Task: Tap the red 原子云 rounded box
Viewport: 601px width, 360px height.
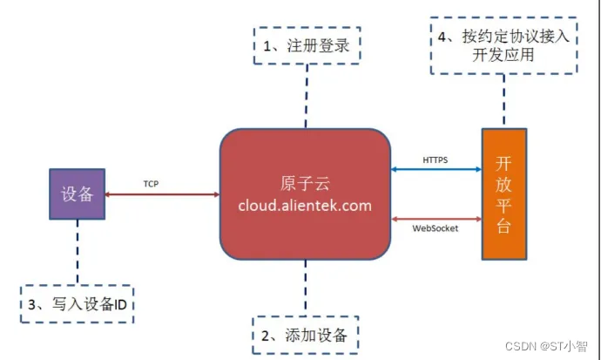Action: (304, 194)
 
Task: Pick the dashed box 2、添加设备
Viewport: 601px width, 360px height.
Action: (305, 334)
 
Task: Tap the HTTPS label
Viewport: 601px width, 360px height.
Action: (435, 160)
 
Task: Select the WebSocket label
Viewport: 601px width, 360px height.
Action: (436, 228)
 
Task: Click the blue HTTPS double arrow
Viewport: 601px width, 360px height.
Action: (436, 171)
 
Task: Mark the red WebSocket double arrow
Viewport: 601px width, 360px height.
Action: (436, 217)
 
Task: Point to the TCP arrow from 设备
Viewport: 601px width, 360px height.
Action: (161, 194)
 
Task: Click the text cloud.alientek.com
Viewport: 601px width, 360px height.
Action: (304, 206)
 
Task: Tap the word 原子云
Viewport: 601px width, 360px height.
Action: (304, 186)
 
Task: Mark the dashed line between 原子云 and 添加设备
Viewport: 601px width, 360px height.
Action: (305, 288)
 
